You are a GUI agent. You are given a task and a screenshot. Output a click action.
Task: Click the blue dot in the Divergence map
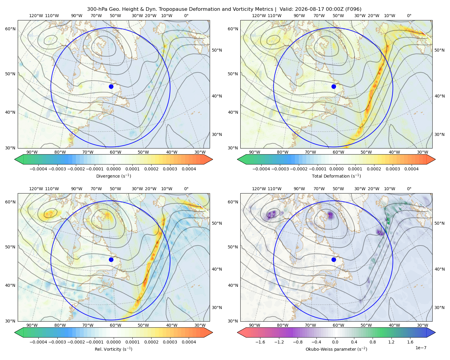point(111,86)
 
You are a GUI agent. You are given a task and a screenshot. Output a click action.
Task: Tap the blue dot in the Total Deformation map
point(334,86)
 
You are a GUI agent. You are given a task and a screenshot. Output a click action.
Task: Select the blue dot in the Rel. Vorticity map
point(111,259)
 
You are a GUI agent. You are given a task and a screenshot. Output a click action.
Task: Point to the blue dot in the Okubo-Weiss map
point(334,259)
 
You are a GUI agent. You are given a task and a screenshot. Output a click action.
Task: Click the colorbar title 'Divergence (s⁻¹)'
point(113,176)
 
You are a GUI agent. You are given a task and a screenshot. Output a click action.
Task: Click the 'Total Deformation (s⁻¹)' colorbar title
point(336,176)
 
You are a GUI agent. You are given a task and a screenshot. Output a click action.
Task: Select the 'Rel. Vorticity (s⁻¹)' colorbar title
point(113,349)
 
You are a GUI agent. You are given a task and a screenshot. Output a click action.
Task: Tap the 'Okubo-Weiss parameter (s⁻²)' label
point(336,349)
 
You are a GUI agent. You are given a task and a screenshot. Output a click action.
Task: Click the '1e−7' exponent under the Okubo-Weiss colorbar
point(421,348)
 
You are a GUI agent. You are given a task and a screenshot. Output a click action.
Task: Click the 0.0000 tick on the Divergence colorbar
point(113,169)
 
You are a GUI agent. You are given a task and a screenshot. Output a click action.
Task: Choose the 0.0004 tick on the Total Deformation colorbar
point(411,169)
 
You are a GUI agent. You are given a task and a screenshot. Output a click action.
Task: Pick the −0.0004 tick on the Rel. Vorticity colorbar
point(38,342)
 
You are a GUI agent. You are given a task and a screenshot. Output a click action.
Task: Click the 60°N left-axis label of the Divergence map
point(10,29)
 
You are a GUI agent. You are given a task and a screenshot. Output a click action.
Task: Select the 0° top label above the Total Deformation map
point(409,16)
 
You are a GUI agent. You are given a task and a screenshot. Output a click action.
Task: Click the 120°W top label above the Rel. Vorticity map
point(36,189)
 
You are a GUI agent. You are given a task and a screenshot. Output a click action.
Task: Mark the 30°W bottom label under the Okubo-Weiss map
point(422,325)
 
